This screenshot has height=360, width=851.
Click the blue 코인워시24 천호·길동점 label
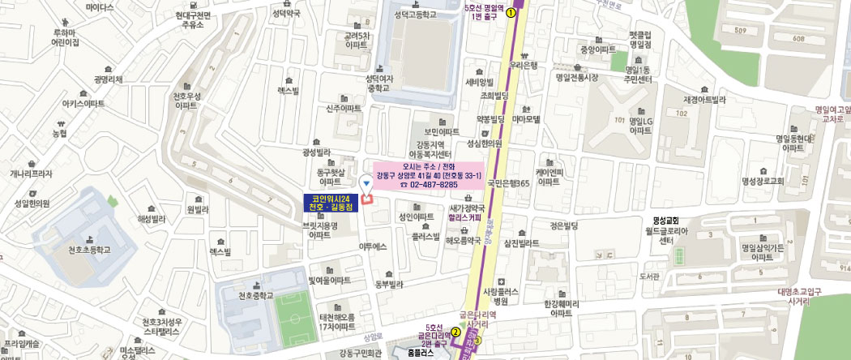click(x=334, y=204)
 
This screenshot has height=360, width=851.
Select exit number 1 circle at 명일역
click(x=510, y=13)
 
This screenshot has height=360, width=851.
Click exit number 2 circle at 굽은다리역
click(x=455, y=332)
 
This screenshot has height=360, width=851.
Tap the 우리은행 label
click(x=524, y=66)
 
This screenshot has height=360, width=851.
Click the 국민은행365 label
click(x=507, y=184)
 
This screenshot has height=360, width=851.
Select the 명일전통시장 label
click(x=576, y=78)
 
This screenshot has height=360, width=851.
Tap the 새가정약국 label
click(x=467, y=208)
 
